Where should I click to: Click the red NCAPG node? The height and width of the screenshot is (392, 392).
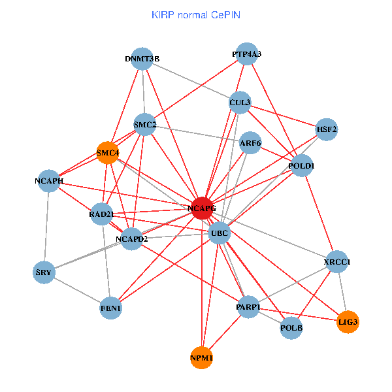pos(202,208)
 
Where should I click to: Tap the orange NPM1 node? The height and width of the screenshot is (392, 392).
pos(202,357)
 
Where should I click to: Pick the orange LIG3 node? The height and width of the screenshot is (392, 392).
pos(348,321)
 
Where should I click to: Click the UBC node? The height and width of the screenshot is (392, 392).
pos(220,233)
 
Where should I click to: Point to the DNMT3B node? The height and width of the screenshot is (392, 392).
pos(142,59)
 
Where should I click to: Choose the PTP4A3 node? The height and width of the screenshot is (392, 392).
pos(247,54)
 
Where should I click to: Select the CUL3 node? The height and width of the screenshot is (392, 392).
pos(240,103)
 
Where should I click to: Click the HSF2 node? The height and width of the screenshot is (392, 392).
pos(326,129)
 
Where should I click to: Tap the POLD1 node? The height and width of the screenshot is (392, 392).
pos(301,166)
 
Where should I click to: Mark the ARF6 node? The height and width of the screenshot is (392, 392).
pos(250,143)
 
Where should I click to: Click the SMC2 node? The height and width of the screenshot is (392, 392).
pos(144,124)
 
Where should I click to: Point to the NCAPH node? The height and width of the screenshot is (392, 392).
pos(49,180)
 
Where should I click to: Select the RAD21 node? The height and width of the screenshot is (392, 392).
pos(101,214)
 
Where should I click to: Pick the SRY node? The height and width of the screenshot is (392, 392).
pos(44,272)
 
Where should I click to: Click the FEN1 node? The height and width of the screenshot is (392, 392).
pos(111,307)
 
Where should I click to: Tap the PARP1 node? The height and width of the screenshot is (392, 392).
pos(248,306)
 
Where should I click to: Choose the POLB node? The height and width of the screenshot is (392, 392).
pos(291,327)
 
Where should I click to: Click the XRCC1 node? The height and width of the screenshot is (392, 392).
pos(337,262)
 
